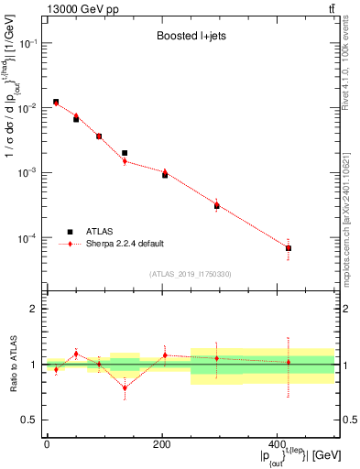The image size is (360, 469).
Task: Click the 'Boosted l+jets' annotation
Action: tap(189, 38)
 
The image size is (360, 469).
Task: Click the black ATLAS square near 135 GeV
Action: tap(125, 153)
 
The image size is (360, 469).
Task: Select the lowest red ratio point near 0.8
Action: tap(125, 387)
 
